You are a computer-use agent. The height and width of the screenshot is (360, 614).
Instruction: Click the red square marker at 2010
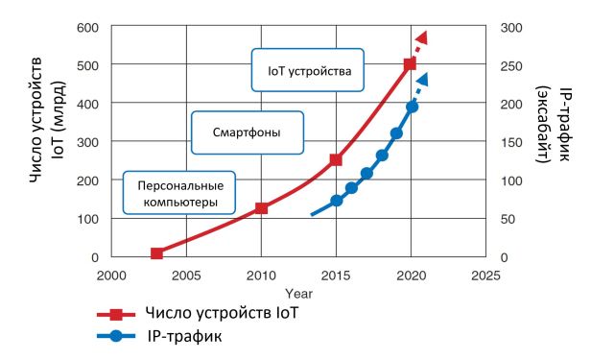261,208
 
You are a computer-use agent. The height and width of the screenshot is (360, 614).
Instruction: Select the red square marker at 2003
156,253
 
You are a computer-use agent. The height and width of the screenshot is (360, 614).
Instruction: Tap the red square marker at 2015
336,160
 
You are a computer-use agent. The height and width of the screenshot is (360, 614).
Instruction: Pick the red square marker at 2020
411,64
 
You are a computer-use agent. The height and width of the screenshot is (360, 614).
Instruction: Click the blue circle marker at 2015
337,202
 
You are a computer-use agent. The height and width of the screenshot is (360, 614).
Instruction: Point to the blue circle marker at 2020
412,107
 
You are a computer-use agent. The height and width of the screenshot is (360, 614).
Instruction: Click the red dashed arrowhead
421,37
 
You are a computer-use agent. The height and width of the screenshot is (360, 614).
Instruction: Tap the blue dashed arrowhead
422,80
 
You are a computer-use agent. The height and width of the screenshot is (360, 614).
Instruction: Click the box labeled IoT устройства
309,70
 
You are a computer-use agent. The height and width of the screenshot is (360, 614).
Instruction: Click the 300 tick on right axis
510,27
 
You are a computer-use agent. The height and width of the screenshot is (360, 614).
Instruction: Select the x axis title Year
298,292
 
